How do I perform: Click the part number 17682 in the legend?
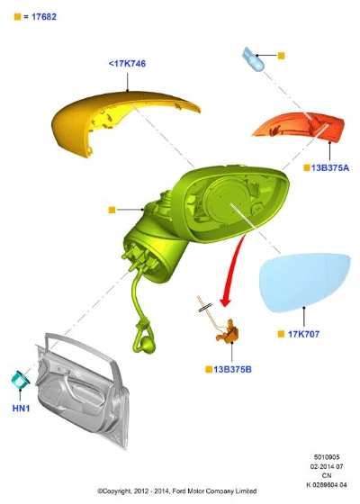point(44,17)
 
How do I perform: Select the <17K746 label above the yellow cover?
point(127,64)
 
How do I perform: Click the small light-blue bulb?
point(253,58)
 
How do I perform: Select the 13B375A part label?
point(329,167)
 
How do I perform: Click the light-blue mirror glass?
point(304,282)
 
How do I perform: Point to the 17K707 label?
point(303,334)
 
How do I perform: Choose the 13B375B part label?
point(232,370)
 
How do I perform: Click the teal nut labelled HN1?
point(20,379)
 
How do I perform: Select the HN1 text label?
point(21,409)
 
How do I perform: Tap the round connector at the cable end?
point(148,346)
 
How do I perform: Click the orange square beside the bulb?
point(281,56)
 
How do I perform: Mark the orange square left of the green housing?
point(112,210)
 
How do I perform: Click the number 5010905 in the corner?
point(327,457)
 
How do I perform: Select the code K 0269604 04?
point(327,485)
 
